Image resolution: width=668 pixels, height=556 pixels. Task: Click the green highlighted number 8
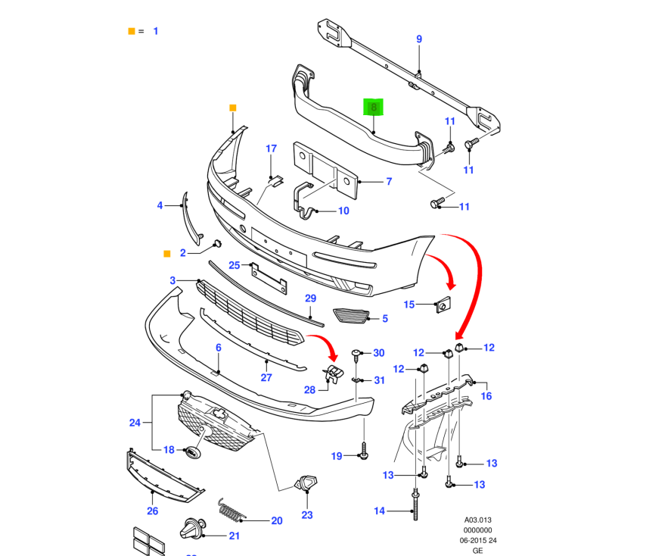coord(374,108)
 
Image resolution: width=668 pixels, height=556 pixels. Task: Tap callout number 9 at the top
coord(419,39)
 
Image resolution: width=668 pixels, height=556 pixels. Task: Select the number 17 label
coord(272,149)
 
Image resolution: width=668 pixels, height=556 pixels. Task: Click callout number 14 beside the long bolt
coord(380,511)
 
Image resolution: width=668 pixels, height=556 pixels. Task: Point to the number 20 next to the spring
coord(277,521)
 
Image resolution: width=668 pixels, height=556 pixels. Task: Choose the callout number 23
coord(307,516)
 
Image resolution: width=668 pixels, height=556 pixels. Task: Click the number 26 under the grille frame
coord(152,511)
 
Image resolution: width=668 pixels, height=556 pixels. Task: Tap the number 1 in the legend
coord(156,31)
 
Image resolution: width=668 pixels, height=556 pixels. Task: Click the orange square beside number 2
coord(166,254)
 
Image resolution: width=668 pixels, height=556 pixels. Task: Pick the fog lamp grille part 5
coord(350,314)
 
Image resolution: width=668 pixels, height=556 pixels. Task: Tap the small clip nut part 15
coord(441,305)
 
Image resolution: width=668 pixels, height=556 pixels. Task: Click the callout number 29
coord(310,298)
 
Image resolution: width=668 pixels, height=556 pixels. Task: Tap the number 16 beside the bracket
coord(486,396)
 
